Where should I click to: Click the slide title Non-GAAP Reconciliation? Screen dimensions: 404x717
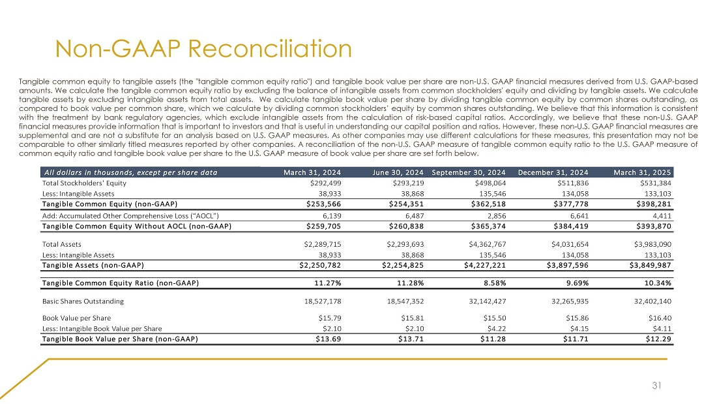(203, 48)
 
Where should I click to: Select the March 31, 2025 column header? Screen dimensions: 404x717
(643, 172)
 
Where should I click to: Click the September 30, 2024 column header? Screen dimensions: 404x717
(469, 172)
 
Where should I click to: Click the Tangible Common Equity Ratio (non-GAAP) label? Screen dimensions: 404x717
(120, 283)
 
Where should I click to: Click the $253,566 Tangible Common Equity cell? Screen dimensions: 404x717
(323, 204)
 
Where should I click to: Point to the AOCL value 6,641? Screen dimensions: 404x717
(578, 216)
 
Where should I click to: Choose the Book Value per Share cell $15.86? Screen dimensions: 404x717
(576, 318)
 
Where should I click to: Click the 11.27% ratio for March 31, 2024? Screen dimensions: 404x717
(328, 283)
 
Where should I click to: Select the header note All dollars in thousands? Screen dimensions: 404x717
(130, 172)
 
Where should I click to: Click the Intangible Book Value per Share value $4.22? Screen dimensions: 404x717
(497, 328)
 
